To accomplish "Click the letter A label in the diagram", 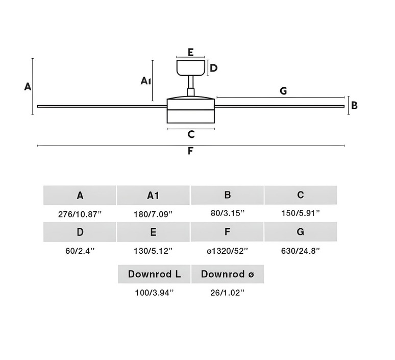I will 28,86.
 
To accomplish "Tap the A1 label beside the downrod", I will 145,81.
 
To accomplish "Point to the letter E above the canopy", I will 190,52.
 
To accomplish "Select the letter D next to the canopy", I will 214,68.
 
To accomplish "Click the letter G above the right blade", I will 283,91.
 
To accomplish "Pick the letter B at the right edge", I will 354,106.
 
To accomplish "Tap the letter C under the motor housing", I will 191,134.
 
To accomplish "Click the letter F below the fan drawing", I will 190,151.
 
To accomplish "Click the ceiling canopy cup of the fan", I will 191,67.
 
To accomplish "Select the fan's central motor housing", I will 190,109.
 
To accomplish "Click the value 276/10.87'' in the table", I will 80,213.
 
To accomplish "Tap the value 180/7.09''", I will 153,213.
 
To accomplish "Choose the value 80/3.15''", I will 228,213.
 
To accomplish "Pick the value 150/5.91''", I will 300,213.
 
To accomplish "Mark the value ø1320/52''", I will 228,251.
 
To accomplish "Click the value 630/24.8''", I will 300,251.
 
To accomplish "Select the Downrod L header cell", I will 154,274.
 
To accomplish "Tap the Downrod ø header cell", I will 227,274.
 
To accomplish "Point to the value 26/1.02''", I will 228,293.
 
